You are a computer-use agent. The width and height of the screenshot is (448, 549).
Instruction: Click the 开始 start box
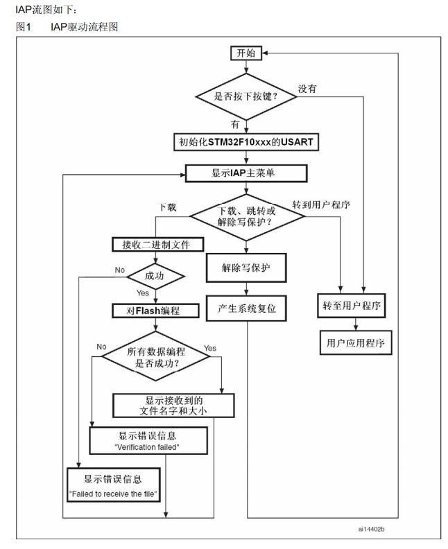pos(246,53)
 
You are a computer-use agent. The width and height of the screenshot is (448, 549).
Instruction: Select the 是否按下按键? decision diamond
pos(246,96)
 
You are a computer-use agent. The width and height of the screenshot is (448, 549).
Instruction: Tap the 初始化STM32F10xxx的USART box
pos(246,142)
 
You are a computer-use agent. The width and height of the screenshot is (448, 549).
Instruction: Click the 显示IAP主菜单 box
pos(246,173)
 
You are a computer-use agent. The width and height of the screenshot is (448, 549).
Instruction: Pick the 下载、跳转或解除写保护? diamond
pos(247,217)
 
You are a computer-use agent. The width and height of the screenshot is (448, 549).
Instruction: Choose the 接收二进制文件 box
pos(157,245)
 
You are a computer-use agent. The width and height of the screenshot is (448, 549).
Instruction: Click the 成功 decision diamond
pos(155,277)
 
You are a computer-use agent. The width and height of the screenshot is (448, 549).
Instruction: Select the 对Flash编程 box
pos(155,311)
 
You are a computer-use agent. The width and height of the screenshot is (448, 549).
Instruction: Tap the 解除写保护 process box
pos(246,268)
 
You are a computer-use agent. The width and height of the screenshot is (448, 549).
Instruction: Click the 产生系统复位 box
pos(246,308)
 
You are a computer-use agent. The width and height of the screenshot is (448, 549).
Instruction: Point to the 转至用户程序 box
pos(352,306)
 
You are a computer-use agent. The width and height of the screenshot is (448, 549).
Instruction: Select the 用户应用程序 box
pos(356,342)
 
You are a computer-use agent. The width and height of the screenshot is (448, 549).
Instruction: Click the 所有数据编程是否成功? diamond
pos(155,356)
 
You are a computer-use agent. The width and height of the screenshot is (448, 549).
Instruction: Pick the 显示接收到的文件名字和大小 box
pos(173,406)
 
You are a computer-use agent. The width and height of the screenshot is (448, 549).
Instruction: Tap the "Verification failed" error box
pos(148,440)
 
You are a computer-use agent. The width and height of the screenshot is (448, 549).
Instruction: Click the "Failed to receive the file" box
pos(114,485)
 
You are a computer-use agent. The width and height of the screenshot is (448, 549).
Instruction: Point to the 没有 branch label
pos(307,89)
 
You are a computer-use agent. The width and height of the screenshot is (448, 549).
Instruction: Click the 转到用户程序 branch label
pos(321,204)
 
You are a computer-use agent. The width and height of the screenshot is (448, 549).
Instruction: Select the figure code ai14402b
pos(371,529)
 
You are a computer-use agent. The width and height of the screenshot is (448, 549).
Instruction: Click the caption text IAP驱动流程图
pos(84,26)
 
